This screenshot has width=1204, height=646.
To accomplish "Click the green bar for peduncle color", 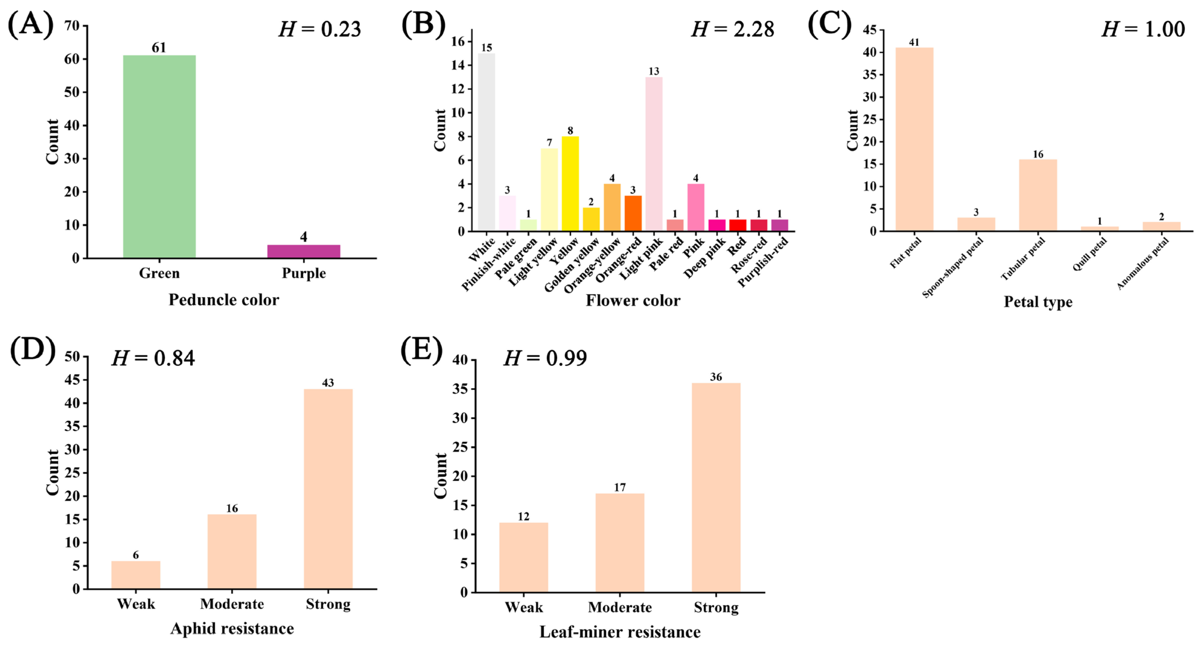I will tap(159, 157).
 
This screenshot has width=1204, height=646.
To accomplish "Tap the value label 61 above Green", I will tap(159, 48).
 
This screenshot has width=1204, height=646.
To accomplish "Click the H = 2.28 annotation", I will tap(732, 30).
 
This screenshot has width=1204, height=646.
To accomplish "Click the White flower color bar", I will tap(486, 142).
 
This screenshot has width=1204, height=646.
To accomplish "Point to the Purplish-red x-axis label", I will tap(763, 261).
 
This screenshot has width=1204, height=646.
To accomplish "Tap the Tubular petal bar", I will tap(1038, 195).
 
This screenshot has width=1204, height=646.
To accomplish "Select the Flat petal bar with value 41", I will tap(914, 139).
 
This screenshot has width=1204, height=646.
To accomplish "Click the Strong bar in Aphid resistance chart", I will tap(328, 489).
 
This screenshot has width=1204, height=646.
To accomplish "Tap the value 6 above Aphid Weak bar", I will tap(135, 555).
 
